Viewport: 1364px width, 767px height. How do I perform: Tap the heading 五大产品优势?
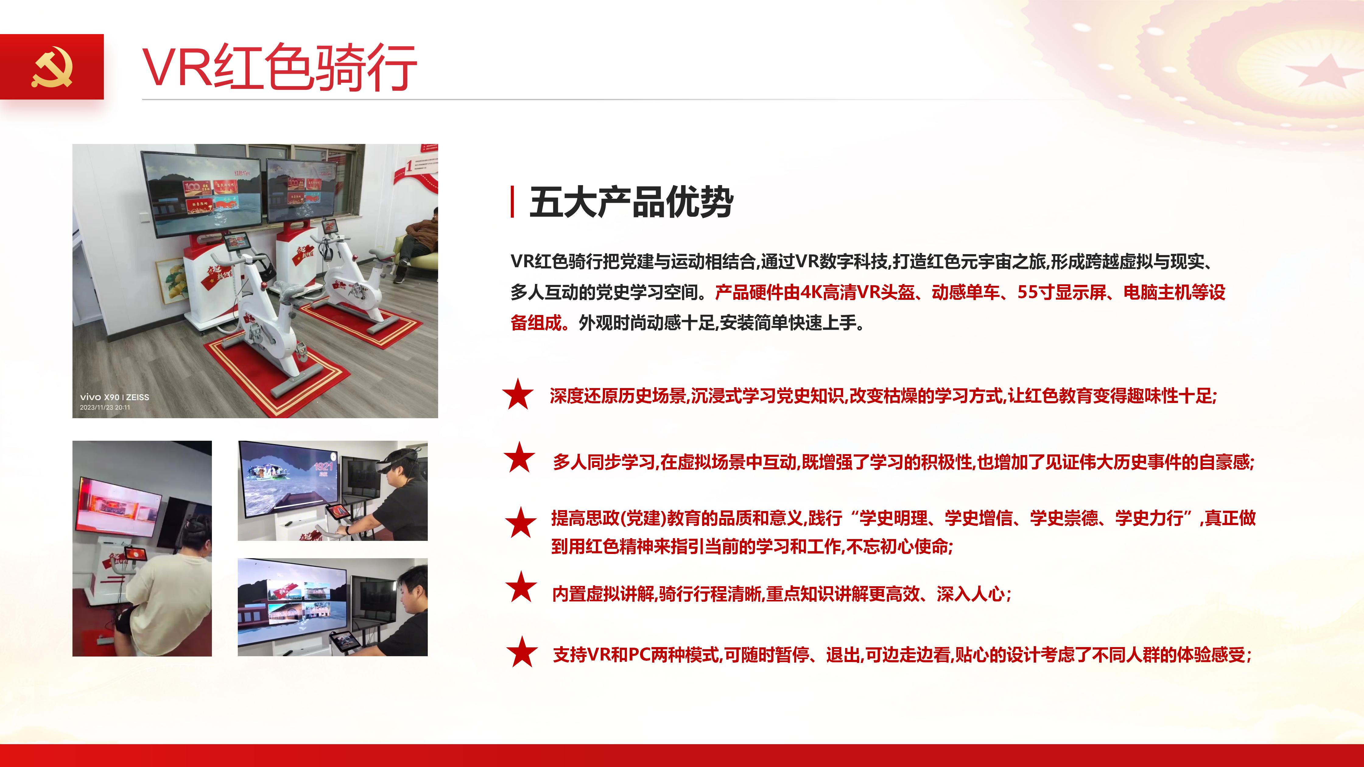pos(631,202)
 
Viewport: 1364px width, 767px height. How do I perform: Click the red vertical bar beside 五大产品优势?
pos(512,202)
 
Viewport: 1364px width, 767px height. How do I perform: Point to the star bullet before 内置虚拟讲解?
pos(521,587)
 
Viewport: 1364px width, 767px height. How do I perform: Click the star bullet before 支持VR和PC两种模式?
pos(522,652)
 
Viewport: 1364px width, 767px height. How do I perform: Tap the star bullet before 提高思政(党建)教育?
pos(521,523)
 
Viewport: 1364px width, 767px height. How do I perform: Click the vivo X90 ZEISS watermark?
pos(114,397)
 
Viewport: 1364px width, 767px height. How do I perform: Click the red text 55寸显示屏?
pos(1062,292)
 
